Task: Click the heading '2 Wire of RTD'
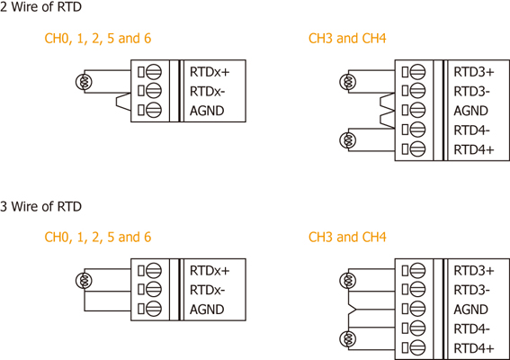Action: coord(40,7)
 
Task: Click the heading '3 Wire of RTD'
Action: coord(40,206)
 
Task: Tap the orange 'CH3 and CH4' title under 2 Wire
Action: coord(347,39)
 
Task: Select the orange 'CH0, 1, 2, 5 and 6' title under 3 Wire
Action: coord(97,238)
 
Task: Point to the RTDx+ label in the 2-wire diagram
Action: coord(210,72)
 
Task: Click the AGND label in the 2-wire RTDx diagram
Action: coord(207,111)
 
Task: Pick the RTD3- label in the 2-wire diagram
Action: coord(471,92)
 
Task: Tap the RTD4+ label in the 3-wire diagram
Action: coord(474,348)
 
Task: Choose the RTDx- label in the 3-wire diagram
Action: coord(207,290)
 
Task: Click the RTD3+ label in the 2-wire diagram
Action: coord(474,72)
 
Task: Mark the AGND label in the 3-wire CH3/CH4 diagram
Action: coord(470,310)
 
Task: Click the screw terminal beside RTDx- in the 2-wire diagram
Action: coord(154,91)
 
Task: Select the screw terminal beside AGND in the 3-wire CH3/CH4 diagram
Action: coord(417,309)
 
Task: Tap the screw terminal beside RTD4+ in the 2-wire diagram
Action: coord(417,149)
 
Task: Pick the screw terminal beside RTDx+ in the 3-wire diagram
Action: coord(154,270)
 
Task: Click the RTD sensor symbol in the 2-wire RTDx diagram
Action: coord(84,81)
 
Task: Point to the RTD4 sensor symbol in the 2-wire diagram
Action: coord(348,140)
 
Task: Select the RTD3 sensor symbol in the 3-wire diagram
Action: coord(348,281)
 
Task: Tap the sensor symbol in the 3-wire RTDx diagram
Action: coord(84,281)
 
